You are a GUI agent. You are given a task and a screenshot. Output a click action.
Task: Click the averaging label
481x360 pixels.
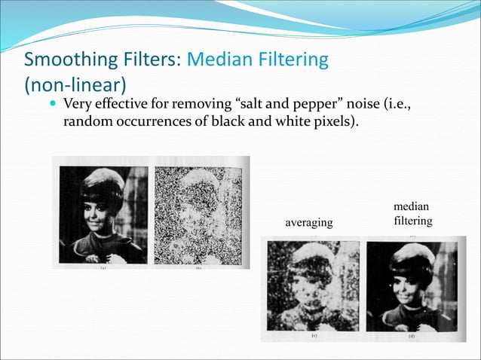tap(308, 223)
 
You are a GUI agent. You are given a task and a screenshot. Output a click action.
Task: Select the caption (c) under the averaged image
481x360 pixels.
tap(314, 337)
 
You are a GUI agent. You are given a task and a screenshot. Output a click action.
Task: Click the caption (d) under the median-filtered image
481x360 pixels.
tap(411, 337)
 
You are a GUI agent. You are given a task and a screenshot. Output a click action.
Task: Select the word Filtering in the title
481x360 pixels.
tap(293, 59)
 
